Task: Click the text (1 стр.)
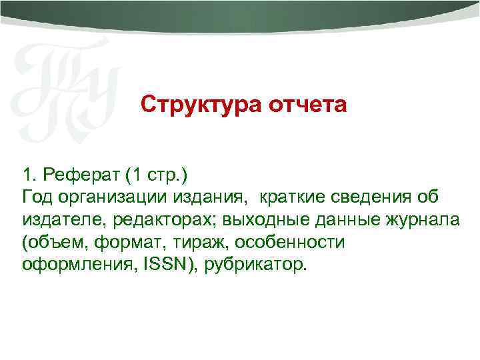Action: tap(157, 175)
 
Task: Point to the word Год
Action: tap(37, 197)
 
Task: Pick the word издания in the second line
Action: tap(209, 197)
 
